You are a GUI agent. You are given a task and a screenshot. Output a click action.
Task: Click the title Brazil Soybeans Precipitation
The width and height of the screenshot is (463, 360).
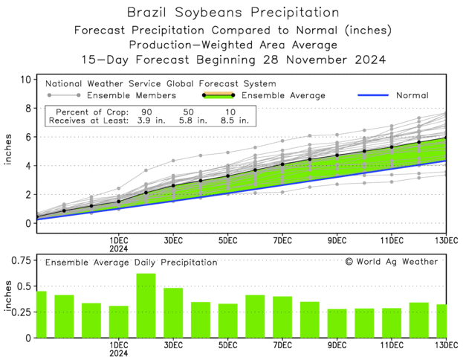coord(233,13)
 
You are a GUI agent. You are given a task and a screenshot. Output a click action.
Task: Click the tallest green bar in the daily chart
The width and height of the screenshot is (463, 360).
coord(146,305)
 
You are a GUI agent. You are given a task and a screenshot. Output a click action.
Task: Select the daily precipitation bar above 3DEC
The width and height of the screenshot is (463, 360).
coord(173,312)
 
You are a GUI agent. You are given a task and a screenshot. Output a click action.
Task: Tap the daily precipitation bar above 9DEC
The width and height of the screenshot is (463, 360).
coord(337,323)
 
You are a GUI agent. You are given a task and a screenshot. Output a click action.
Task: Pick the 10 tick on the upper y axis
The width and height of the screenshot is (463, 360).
coord(25,80)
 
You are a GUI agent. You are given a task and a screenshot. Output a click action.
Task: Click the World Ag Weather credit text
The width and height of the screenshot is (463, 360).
coord(398,261)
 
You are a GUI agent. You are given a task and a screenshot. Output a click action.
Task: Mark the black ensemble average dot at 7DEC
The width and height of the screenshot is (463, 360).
coord(282,164)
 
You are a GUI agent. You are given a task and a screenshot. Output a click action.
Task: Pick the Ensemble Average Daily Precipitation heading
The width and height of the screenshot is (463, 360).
coord(132,262)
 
